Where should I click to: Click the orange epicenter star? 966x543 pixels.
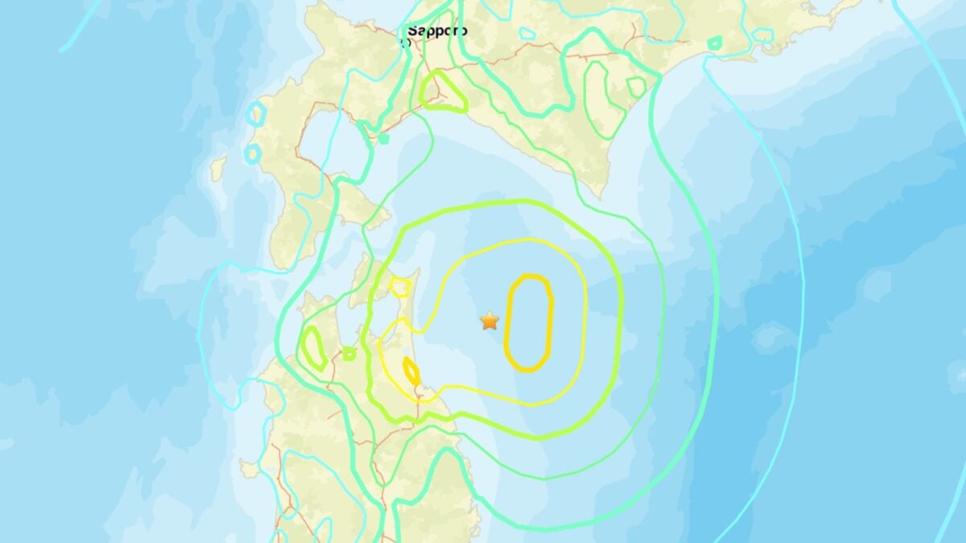point(489,321)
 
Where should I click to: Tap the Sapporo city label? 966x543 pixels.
point(436,31)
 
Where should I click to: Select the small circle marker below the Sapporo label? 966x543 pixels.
point(405,43)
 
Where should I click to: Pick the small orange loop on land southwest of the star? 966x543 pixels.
point(411,370)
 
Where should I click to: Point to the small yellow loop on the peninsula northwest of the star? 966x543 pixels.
point(399,286)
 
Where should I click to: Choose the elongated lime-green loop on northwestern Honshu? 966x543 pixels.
point(312,348)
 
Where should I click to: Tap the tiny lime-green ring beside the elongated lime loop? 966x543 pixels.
point(349,353)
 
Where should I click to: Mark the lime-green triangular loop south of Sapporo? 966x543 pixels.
point(444,91)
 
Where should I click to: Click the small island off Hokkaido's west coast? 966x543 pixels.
point(217,168)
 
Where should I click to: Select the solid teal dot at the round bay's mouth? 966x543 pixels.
point(384,138)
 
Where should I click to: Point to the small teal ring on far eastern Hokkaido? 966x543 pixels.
point(714,42)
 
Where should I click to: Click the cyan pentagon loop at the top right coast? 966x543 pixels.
point(762,36)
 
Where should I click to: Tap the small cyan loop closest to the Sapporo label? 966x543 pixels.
point(527,34)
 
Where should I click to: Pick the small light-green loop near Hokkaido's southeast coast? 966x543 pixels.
point(636,87)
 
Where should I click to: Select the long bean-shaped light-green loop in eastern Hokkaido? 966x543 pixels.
point(597,97)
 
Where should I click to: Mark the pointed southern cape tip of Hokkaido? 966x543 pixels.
point(600,194)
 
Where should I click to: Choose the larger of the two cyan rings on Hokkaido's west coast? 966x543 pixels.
point(256,114)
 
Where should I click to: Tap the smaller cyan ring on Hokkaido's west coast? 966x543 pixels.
point(252,152)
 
